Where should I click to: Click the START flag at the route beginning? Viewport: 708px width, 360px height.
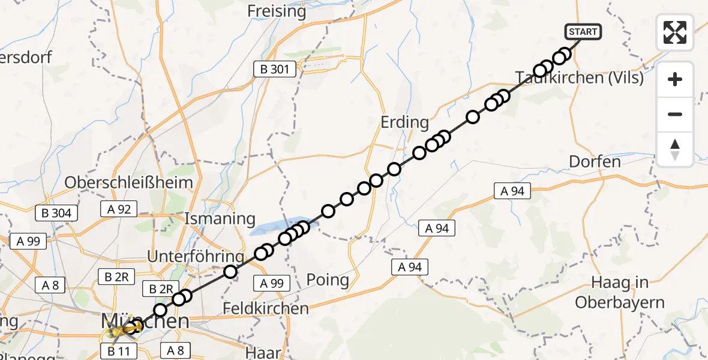click(582, 31)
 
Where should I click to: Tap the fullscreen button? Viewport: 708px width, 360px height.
click(675, 32)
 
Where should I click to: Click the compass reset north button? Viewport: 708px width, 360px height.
click(675, 149)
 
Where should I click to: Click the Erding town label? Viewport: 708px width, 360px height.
click(405, 122)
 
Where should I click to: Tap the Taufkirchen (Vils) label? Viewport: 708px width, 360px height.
click(580, 78)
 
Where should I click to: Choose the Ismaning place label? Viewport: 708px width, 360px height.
click(221, 218)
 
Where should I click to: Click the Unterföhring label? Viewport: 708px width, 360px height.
click(196, 257)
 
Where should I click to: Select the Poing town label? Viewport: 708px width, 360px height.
click(327, 280)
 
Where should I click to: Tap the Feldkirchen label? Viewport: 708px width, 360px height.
click(265, 309)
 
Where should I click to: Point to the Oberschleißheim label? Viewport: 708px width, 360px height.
click(129, 182)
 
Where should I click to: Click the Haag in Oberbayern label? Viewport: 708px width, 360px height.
click(620, 293)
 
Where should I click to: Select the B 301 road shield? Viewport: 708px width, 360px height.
click(274, 70)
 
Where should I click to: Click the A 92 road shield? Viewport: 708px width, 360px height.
click(119, 209)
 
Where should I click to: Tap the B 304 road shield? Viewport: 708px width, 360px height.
click(57, 213)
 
